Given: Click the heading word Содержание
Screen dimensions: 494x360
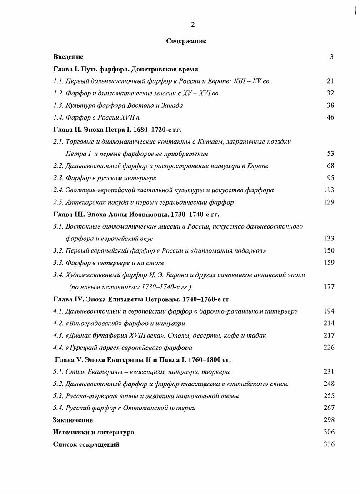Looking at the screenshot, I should pos(186,41).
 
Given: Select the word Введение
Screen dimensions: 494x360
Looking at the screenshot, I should pos(68,57).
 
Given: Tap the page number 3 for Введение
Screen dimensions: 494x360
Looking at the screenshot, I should pos(332,57).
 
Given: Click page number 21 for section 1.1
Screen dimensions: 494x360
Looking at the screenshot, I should pos(330,81).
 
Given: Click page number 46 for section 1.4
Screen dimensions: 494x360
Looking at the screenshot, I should pos(330,117).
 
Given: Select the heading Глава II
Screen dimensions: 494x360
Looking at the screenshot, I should pos(68,130).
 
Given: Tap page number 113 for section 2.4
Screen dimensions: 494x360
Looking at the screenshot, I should pos(329,190).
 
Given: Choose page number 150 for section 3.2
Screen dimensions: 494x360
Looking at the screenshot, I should pos(329,250).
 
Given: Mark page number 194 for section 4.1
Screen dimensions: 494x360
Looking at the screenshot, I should pos(329,311).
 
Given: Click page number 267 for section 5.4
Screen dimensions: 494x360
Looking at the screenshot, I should pos(329,408).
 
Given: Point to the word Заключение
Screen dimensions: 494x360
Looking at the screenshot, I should pos(73,420).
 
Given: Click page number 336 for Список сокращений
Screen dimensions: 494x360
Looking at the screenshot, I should pos(329,444).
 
